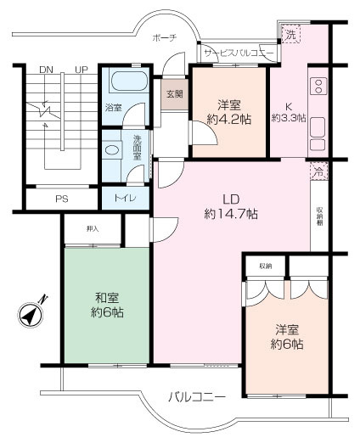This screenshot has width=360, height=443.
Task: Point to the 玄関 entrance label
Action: click(174, 94)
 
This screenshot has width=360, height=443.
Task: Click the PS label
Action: click(61, 199)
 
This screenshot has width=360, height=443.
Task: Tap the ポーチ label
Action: click(164, 38)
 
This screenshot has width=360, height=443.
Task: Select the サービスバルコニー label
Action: click(239, 53)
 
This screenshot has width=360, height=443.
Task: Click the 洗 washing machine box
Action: click(290, 36)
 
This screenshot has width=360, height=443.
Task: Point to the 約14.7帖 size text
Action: click(230, 214)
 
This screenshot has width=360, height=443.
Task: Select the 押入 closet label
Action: click(93, 229)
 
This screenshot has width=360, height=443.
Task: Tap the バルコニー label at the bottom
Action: click(196, 396)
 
